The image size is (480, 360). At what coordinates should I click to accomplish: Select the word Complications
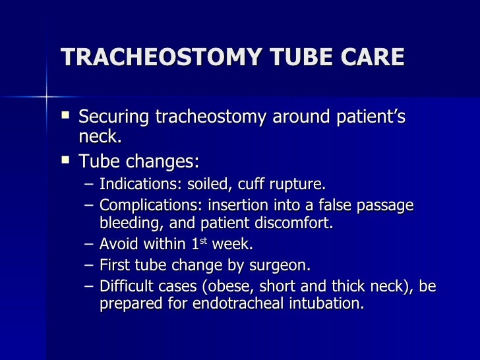coord(141,206)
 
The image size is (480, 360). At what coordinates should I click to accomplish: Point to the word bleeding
coord(127,223)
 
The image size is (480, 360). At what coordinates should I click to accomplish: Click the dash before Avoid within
coord(90,244)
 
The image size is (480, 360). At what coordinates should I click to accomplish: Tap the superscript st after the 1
coord(203,241)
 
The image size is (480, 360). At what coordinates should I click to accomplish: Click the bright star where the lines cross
coord(46,98)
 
